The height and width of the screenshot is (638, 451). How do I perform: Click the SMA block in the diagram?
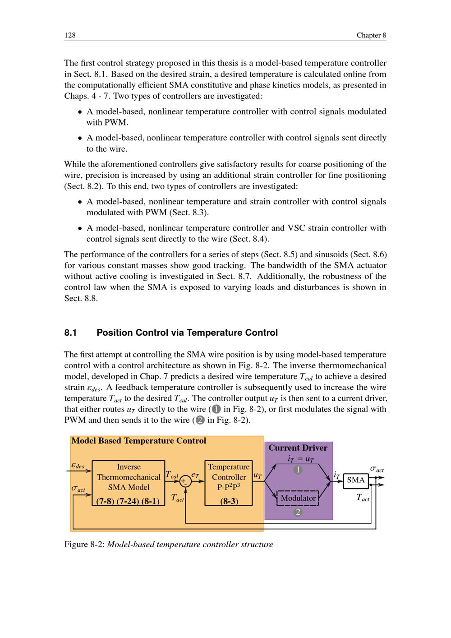pyautogui.click(x=356, y=480)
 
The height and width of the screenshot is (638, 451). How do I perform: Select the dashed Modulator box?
pyautogui.click(x=298, y=498)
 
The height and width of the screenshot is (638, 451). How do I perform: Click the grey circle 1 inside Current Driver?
pyautogui.click(x=298, y=470)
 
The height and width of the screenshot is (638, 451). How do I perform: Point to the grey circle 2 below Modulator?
pyautogui.click(x=298, y=512)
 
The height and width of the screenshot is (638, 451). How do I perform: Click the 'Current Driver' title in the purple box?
pyautogui.click(x=298, y=448)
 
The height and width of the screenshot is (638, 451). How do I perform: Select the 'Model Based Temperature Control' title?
pyautogui.click(x=138, y=441)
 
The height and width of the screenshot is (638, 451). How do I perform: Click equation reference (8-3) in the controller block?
pyautogui.click(x=229, y=501)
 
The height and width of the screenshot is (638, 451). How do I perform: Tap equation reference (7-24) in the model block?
pyautogui.click(x=128, y=501)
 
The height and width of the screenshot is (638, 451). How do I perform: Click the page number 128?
pyautogui.click(x=70, y=35)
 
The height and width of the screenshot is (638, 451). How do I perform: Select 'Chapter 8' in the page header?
pyautogui.click(x=371, y=35)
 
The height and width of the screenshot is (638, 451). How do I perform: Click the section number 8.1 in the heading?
pyautogui.click(x=71, y=333)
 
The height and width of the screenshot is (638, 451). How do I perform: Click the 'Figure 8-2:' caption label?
pyautogui.click(x=84, y=545)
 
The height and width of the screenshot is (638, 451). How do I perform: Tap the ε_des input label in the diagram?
pyautogui.click(x=78, y=466)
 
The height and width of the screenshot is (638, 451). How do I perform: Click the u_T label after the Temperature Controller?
pyautogui.click(x=258, y=476)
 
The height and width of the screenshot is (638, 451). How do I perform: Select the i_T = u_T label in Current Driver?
pyautogui.click(x=301, y=459)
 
